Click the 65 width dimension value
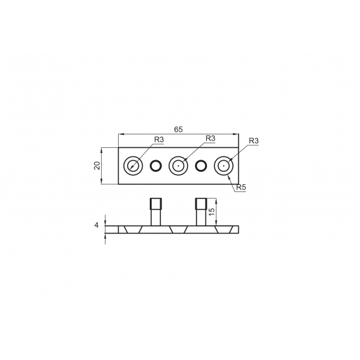(178, 130)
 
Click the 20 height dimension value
(97, 165)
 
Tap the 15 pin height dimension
(212, 211)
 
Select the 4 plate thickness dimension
(97, 225)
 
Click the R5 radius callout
(241, 187)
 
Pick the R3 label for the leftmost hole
(159, 139)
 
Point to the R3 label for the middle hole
(210, 138)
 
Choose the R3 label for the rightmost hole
(254, 141)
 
